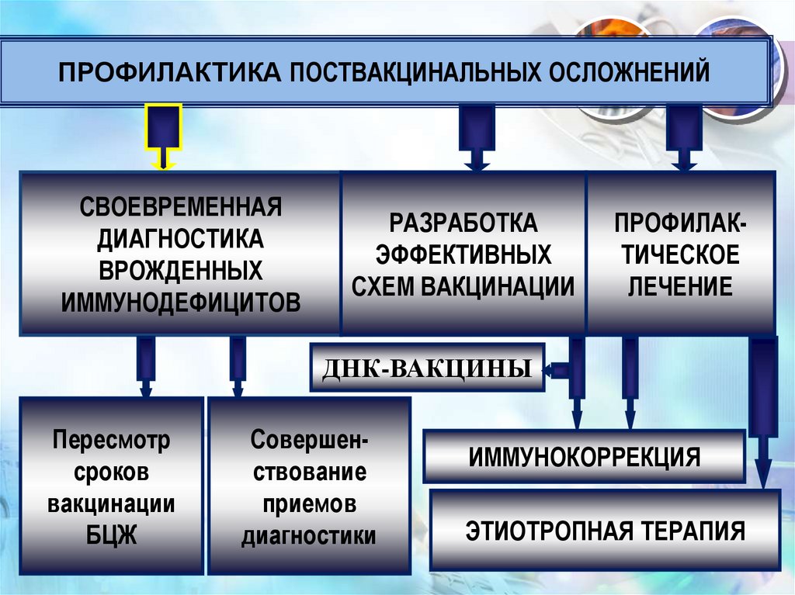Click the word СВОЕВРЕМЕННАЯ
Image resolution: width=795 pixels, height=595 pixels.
point(180,208)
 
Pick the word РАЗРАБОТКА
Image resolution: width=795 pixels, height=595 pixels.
point(463,224)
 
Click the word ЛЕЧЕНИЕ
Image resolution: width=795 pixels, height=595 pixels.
point(680,286)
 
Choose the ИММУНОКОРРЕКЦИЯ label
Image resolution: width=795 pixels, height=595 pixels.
point(584,456)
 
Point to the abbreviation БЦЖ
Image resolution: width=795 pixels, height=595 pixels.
point(112,534)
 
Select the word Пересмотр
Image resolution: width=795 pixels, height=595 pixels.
point(112,441)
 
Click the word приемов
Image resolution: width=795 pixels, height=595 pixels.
point(309,503)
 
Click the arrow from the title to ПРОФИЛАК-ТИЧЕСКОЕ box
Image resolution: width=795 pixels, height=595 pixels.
point(684,136)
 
